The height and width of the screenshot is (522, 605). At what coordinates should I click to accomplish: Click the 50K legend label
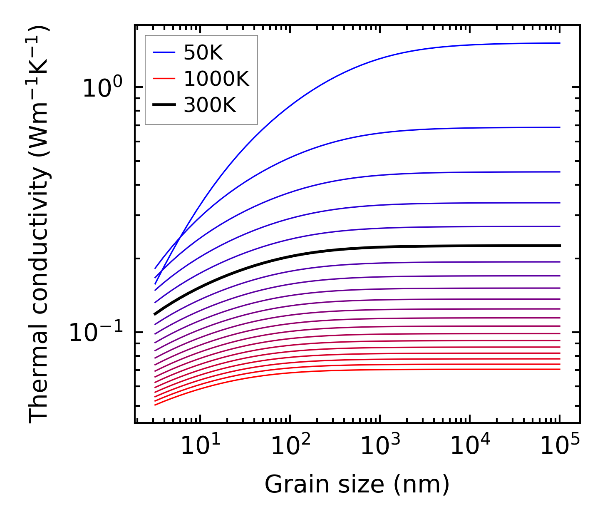coord(203,53)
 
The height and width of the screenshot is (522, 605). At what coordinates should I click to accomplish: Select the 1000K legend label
coord(216,79)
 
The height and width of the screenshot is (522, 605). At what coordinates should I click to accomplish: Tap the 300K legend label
coord(210,105)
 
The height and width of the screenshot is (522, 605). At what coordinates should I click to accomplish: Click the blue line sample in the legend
coord(164,52)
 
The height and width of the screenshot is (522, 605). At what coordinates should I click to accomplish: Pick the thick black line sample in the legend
coord(164,105)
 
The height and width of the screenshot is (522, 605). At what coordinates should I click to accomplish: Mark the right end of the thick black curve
coord(560,246)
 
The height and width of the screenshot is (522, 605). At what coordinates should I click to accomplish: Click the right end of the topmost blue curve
coord(560,43)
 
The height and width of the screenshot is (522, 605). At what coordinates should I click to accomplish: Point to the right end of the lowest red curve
coord(560,369)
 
